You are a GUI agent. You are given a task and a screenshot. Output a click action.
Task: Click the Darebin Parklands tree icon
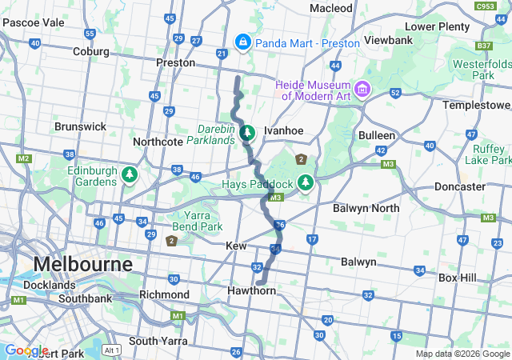tap(247, 131)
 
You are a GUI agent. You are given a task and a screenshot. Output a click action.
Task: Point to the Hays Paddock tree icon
tap(305, 183)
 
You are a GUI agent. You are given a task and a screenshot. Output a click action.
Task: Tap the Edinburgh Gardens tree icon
tap(129, 173)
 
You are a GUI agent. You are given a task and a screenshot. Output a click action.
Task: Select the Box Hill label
tap(458, 278)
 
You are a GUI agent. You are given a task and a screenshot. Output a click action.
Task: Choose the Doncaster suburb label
tap(459, 186)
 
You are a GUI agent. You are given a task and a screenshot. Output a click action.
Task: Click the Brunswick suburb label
tap(80, 126)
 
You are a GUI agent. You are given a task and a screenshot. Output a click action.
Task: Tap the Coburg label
tap(90, 51)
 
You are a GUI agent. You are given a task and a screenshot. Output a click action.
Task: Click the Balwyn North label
tap(366, 209)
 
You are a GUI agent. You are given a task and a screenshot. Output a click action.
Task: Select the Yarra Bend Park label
tap(191, 220)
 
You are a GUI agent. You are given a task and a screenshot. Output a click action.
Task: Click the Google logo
tap(26, 350)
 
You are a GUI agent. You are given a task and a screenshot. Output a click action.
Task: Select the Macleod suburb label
tap(331, 8)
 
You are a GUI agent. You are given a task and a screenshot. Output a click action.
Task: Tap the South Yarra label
tap(158, 341)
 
